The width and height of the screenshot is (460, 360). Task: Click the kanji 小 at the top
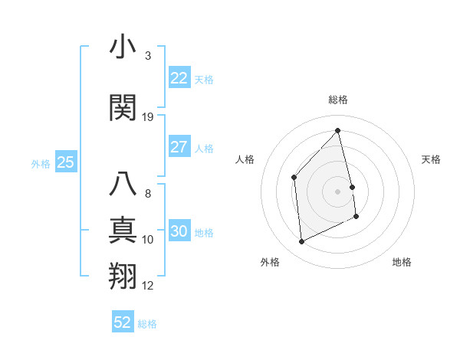point(122,47)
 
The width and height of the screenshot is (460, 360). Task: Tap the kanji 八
point(122,184)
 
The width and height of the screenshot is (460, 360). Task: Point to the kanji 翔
point(122,277)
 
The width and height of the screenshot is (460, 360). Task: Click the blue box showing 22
point(179,78)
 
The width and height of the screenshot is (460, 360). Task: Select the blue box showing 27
point(179,147)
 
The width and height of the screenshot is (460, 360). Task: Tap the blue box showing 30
point(179,231)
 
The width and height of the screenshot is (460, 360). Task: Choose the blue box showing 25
point(65,162)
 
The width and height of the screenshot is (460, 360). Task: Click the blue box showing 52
point(123,322)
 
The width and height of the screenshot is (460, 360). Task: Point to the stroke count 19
point(148,117)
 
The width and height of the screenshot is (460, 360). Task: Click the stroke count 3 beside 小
point(148,56)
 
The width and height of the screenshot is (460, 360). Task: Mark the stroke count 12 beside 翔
point(148,286)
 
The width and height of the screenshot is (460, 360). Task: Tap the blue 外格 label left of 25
point(41,163)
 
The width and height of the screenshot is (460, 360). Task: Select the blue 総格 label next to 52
point(147,323)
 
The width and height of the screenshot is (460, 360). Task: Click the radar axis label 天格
point(431,159)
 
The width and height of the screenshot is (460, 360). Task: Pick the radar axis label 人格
point(245,159)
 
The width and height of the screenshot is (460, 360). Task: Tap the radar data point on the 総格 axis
point(337,131)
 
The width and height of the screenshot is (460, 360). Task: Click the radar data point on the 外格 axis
point(301,241)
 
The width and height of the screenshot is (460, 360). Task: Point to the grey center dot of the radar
point(337,191)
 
